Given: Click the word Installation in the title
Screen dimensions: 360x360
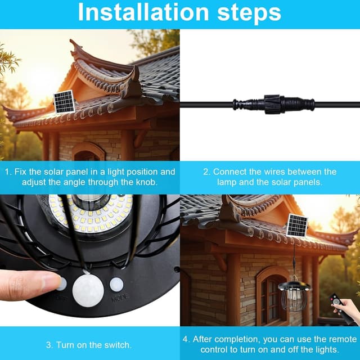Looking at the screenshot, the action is coord(143,12).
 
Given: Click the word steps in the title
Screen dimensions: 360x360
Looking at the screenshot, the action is coord(249,13).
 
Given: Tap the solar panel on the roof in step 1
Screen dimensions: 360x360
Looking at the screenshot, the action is coord(64,102).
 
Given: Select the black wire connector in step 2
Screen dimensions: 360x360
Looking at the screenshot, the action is coord(273,105).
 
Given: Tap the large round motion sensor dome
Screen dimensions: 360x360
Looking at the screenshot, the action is coord(88,290).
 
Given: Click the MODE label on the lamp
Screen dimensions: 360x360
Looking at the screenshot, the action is coord(119,298).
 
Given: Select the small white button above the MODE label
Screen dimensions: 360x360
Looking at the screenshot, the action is coord(116,285).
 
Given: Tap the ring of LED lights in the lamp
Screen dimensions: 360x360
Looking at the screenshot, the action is coord(91,213).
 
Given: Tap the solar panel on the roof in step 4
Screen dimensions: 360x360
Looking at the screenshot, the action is coord(297,226).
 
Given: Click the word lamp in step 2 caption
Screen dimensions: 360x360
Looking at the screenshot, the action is coord(227,182).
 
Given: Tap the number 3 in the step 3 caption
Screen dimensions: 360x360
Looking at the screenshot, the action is coord(48,345).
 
